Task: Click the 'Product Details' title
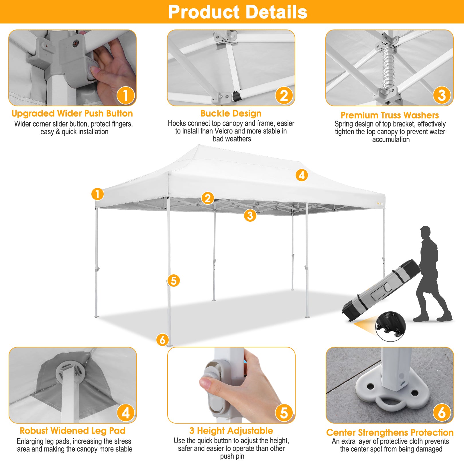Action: (x=237, y=12)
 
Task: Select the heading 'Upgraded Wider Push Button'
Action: (x=72, y=113)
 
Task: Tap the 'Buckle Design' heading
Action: (x=231, y=113)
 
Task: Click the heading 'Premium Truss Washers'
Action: (x=390, y=115)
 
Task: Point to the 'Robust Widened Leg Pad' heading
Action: (x=72, y=431)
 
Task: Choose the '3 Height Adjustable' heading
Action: (x=231, y=431)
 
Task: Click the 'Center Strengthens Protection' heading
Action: (x=390, y=432)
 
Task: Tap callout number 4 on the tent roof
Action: (x=302, y=175)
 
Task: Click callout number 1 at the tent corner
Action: (x=97, y=194)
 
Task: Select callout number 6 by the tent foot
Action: (x=162, y=340)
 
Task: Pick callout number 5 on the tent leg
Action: (x=174, y=280)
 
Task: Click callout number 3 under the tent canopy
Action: (x=250, y=215)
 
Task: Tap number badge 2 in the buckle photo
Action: (x=284, y=96)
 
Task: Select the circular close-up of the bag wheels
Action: (x=390, y=327)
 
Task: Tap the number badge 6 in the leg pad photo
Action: (x=442, y=413)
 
